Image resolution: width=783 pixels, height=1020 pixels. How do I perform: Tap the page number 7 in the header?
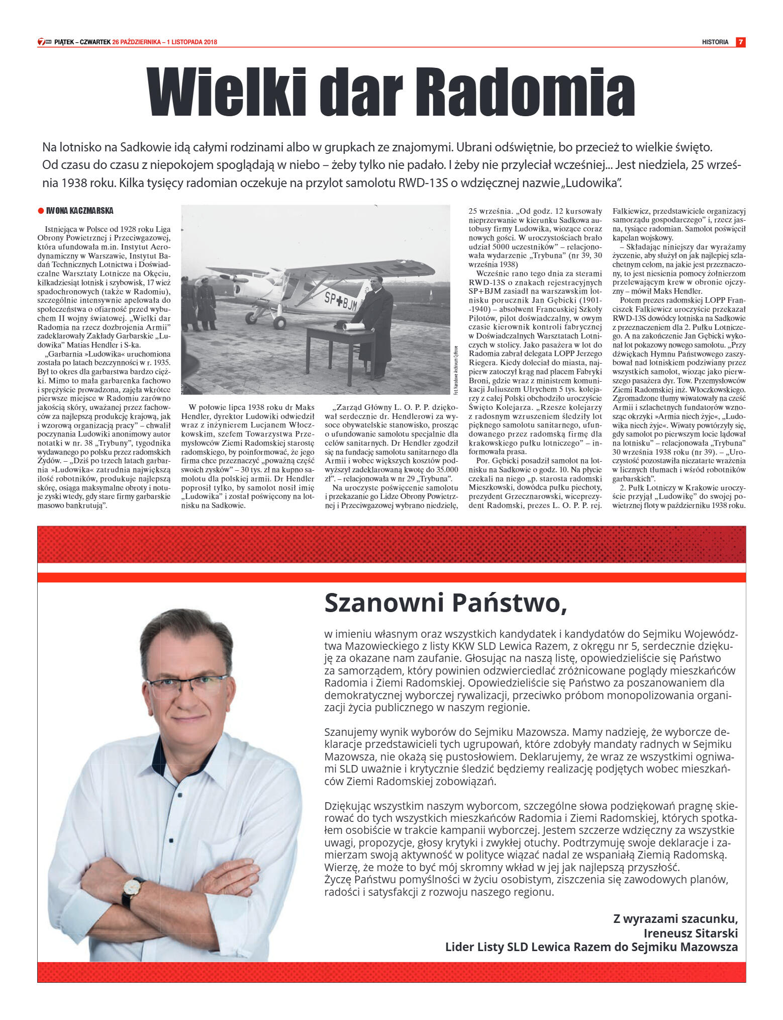[x=740, y=42]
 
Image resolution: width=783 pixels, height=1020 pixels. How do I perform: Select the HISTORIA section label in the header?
[x=715, y=42]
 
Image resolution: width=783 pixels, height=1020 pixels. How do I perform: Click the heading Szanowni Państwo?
[x=445, y=602]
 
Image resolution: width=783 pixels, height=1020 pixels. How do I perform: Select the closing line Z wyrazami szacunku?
[x=675, y=919]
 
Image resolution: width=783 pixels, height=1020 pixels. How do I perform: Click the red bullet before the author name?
[x=41, y=211]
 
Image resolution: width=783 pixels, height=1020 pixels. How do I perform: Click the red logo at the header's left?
[x=45, y=42]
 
